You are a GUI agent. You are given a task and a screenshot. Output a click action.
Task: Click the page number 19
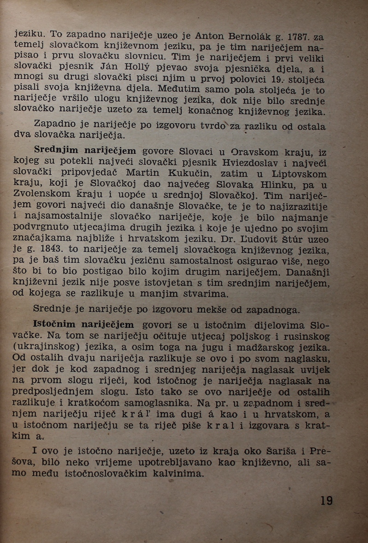326,500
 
